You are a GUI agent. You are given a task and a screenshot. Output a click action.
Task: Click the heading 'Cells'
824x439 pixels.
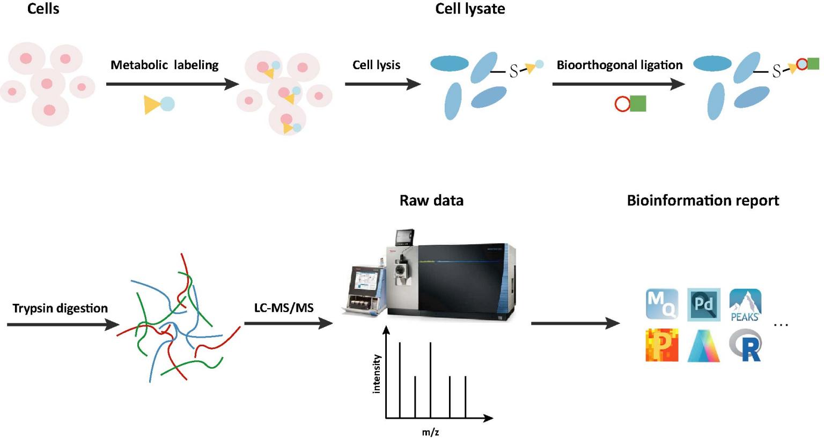tap(43, 9)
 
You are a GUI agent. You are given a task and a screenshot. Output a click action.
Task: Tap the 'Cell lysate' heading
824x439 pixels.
tap(470, 9)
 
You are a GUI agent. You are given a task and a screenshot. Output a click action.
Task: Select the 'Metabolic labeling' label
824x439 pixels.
tap(164, 65)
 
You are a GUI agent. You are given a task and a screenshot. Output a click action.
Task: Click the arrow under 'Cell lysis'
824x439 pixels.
tap(382, 84)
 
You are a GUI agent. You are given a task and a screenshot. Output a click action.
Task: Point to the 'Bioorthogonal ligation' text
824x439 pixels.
tap(619, 65)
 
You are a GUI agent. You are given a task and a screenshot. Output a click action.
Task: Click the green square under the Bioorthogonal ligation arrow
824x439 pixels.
tap(638, 103)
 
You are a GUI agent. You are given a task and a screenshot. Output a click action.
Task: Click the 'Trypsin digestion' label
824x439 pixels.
tap(60, 308)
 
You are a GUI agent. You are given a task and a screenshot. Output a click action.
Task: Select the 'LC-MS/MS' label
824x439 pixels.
tap(283, 308)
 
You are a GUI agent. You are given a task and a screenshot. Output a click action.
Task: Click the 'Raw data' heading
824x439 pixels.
tap(431, 200)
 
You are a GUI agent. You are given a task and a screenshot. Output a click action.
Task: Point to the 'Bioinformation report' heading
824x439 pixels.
tap(703, 200)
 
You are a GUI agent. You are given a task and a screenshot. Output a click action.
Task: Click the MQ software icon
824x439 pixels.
tap(662, 304)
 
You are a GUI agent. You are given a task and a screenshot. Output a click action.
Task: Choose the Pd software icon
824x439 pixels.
tap(703, 304)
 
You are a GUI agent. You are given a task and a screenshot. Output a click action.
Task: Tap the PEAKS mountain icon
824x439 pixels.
tap(745, 304)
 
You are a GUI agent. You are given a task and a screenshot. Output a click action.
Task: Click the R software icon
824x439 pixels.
tap(746, 346)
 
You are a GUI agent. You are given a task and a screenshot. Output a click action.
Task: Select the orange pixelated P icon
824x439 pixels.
tap(662, 346)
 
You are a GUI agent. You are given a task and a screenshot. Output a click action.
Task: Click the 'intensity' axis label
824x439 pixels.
tap(377, 374)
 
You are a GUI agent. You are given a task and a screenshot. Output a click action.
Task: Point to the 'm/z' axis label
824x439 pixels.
tap(430, 432)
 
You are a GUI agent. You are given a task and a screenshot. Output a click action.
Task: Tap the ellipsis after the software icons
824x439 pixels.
tap(781, 325)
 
